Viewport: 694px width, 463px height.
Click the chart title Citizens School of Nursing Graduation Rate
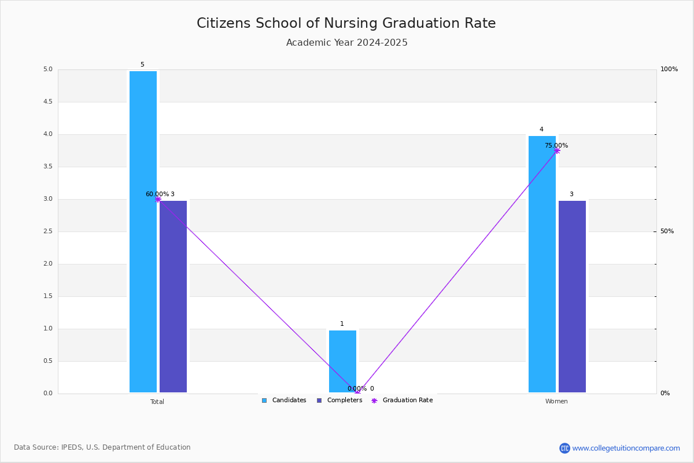click(346, 23)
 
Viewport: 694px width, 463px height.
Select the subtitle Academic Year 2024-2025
click(346, 42)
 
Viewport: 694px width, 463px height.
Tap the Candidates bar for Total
click(143, 231)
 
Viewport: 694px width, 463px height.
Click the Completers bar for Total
click(173, 296)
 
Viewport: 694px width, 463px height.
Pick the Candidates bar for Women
click(542, 264)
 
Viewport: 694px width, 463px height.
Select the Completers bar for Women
click(572, 296)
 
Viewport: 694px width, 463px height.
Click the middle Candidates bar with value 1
click(342, 361)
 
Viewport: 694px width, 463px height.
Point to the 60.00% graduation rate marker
click(158, 200)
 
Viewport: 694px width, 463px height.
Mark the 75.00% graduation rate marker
click(557, 151)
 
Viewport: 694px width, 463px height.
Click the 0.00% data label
click(357, 388)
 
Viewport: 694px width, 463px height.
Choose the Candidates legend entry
click(284, 400)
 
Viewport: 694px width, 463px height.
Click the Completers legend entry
click(339, 400)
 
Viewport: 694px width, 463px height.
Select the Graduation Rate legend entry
click(402, 400)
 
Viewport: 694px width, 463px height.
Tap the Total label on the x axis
click(157, 402)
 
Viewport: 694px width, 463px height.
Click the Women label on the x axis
click(556, 401)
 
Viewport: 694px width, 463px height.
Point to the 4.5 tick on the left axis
click(48, 102)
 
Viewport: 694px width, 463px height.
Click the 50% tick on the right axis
click(667, 231)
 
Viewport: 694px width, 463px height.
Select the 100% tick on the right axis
click(669, 69)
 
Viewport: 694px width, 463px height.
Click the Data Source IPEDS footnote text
click(102, 447)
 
